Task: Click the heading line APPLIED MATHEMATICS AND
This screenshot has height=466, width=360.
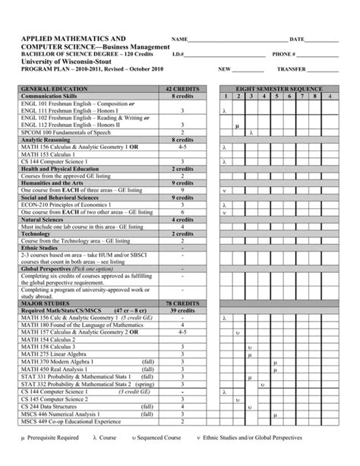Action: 74,38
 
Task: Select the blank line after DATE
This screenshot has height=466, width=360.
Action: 322,40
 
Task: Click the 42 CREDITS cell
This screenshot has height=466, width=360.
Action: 182,89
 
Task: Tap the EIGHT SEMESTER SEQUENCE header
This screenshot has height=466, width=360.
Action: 279,89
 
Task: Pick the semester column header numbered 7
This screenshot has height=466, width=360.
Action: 302,97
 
